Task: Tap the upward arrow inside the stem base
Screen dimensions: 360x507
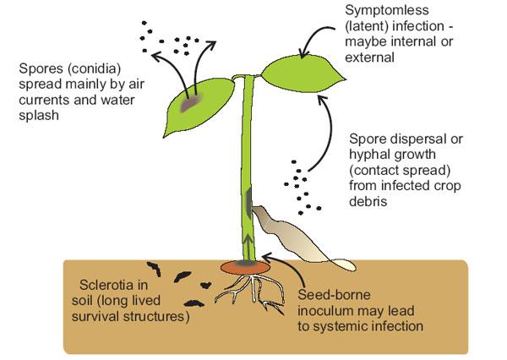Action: (x=248, y=247)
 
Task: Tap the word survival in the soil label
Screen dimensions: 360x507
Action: (x=105, y=317)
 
